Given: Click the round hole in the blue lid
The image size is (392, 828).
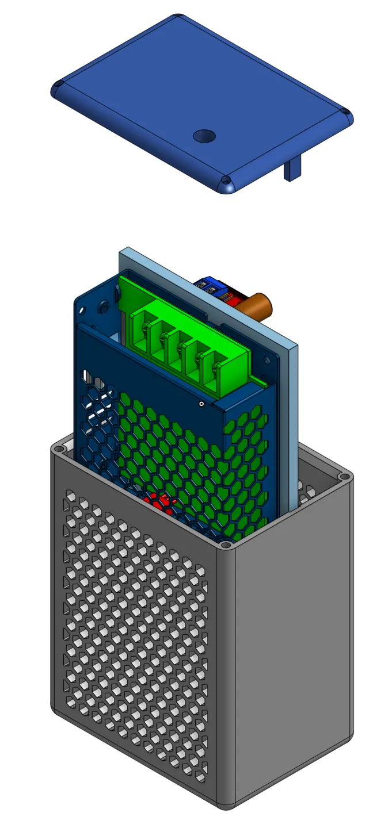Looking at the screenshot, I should (x=204, y=136).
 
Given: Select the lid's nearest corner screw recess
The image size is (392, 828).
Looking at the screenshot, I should (x=227, y=181).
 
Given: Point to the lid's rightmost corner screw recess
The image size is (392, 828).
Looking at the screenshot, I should (x=345, y=112).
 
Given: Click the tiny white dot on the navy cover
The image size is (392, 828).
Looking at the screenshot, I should (x=201, y=404).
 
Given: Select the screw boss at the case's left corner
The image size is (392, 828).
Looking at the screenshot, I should (x=59, y=446).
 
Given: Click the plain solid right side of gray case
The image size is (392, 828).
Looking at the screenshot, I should (x=294, y=632).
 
